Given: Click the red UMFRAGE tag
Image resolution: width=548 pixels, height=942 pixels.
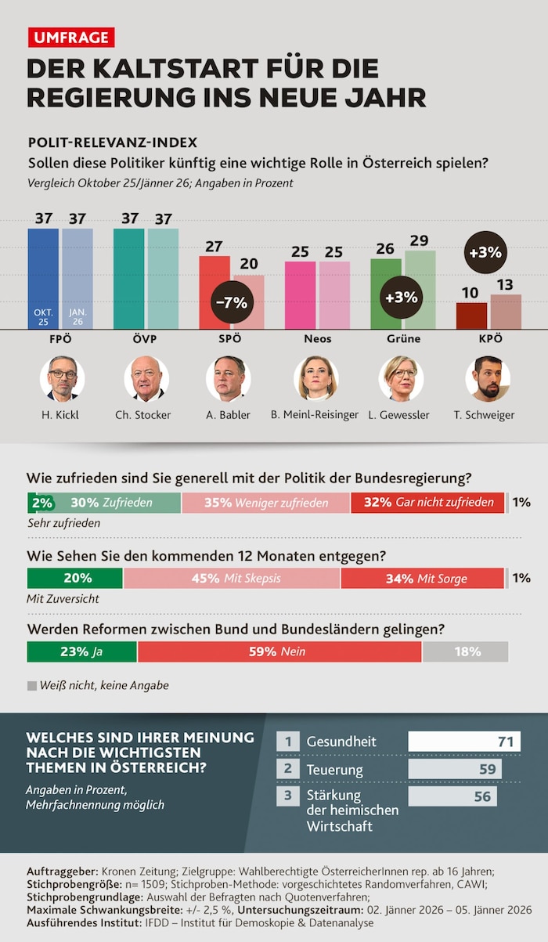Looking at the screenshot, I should click(x=71, y=37).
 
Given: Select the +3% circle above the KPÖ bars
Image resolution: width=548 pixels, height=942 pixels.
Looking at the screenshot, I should click(x=485, y=253).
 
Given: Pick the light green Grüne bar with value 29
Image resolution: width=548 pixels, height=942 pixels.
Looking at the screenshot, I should click(x=420, y=290).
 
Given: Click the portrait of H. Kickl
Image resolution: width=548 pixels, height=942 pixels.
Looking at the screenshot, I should click(x=62, y=379).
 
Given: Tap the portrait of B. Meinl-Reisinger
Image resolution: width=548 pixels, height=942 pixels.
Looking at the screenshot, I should click(x=316, y=379).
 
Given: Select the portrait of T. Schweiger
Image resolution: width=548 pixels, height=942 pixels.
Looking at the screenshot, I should click(x=487, y=379).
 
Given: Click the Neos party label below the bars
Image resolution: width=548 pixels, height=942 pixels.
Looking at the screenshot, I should click(x=317, y=339).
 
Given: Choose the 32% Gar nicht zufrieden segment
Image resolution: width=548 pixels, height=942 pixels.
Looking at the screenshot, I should click(x=427, y=503).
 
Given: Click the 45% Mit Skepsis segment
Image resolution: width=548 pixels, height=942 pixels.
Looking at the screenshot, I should click(x=232, y=579).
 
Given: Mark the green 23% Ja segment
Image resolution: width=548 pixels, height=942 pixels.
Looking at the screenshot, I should click(x=81, y=651).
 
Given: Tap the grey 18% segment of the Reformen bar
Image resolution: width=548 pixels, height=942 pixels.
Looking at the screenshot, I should click(x=465, y=651).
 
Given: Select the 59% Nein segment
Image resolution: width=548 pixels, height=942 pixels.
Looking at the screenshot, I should click(x=279, y=651).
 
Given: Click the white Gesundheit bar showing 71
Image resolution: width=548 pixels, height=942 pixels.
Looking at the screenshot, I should click(x=464, y=742).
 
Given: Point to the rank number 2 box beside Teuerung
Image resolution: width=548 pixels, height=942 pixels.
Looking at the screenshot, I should click(x=288, y=770).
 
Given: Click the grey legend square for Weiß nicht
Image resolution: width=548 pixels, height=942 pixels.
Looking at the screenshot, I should click(x=32, y=685).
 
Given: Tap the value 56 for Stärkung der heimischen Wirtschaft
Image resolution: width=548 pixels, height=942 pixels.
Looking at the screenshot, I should click(x=482, y=796).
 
